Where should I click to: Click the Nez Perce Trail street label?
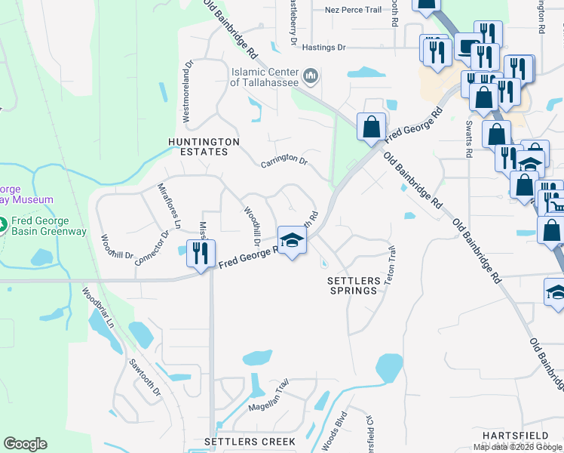click(x=354, y=11)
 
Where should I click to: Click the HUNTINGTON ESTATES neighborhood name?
click(x=204, y=146)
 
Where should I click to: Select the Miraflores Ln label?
click(x=169, y=205)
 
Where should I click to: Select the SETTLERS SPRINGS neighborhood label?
click(x=352, y=285)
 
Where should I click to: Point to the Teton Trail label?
click(x=390, y=265)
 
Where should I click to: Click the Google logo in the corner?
click(x=25, y=443)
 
